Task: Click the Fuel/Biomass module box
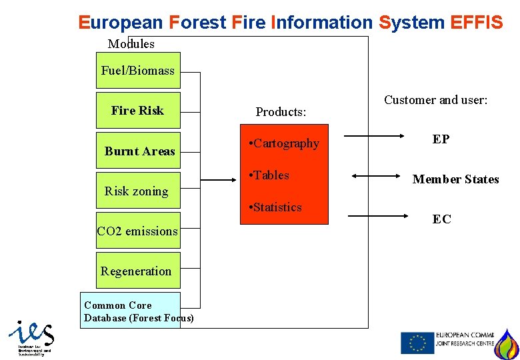click(138, 71)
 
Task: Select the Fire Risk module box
click(138, 111)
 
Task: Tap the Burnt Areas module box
click(139, 151)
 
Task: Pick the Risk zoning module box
click(137, 191)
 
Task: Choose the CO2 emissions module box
click(138, 231)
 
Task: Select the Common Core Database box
click(131, 311)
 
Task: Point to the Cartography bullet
click(283, 143)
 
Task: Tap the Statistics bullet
click(275, 207)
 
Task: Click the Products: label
click(281, 112)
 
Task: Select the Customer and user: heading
click(436, 100)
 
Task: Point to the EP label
click(441, 139)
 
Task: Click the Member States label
click(455, 179)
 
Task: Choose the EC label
click(441, 219)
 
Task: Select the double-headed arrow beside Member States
click(375, 176)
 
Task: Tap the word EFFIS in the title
click(477, 23)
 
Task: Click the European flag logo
click(417, 343)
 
